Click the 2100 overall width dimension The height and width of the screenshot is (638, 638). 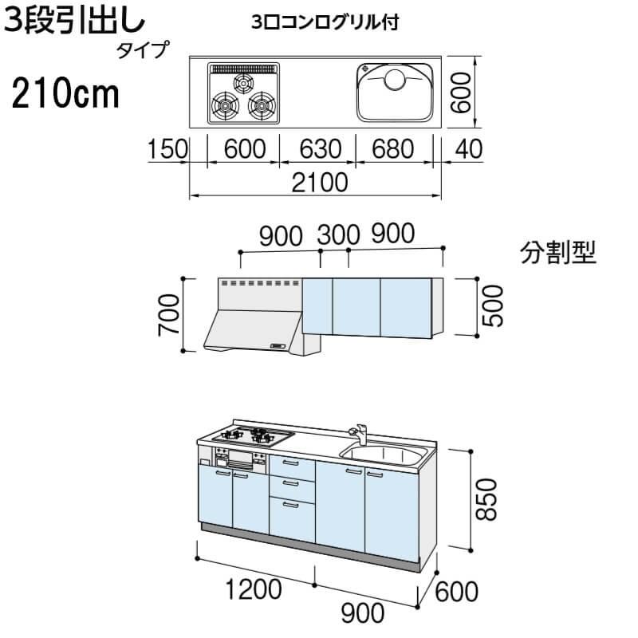tap(316, 183)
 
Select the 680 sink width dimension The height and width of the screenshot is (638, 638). tap(392, 148)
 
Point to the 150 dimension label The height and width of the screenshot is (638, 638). tap(166, 148)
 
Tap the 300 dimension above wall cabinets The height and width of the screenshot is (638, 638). tap(339, 234)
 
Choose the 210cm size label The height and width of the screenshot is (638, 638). tap(65, 96)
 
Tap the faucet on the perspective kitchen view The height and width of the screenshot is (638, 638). tap(359, 434)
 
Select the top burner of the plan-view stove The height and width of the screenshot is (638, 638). tap(242, 81)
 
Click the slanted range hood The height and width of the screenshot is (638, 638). tap(254, 327)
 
